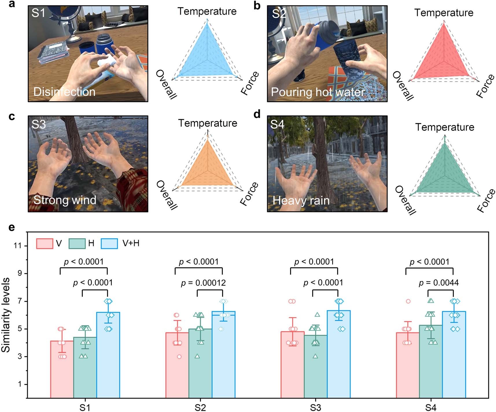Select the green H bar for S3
316,367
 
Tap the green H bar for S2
200,365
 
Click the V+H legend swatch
109,244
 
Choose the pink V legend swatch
45,244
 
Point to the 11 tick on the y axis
18,246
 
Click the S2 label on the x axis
200,408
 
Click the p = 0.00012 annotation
203,283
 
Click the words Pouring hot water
318,92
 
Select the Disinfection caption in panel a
64,92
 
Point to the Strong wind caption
65,200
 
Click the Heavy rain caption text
301,201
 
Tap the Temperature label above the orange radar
207,123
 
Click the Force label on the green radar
486,201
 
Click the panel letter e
12,227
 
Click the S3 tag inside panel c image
38,124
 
